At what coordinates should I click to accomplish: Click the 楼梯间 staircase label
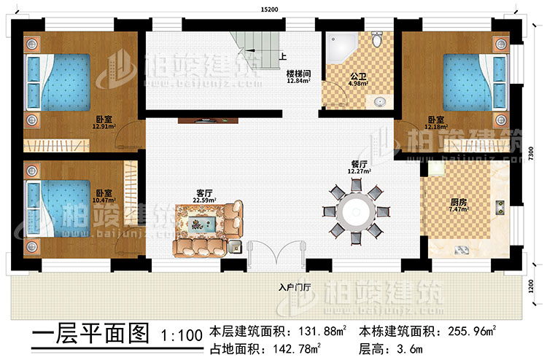(298, 74)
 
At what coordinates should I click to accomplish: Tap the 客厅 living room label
(204, 193)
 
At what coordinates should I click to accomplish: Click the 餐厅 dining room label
(357, 164)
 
